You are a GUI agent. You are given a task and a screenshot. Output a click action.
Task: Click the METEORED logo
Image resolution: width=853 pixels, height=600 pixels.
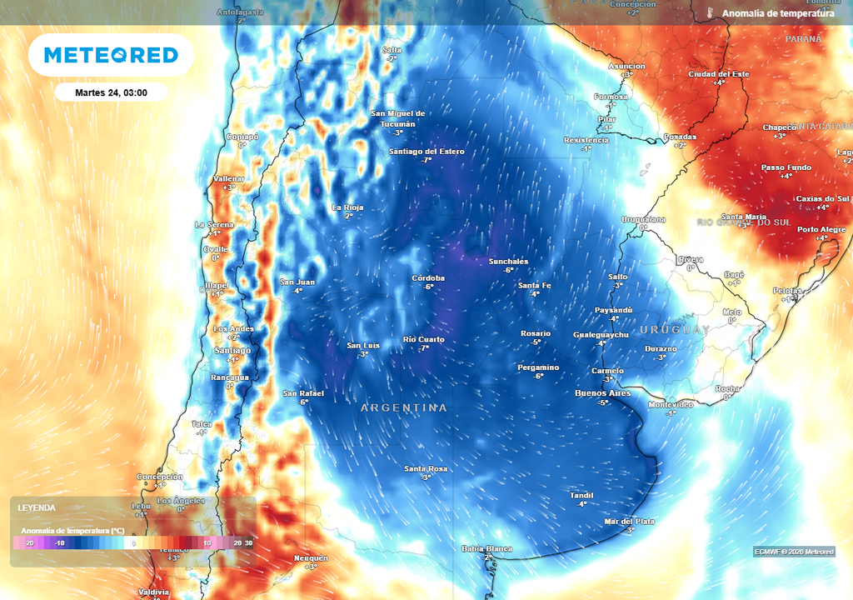(x=111, y=55)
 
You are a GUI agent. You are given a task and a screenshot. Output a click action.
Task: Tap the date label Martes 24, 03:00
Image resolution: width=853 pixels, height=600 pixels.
(x=111, y=92)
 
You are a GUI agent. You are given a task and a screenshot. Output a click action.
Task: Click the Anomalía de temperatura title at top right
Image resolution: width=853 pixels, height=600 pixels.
(x=778, y=13)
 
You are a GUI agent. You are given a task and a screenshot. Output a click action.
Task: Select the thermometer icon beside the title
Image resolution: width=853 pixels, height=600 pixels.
(x=711, y=13)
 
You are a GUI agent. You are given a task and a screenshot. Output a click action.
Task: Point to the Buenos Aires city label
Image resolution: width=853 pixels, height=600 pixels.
(x=603, y=392)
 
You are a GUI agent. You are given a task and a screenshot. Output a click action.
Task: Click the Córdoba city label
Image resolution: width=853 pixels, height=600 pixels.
(x=428, y=277)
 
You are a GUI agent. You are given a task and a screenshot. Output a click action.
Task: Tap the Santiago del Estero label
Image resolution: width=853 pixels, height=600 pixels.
(x=426, y=152)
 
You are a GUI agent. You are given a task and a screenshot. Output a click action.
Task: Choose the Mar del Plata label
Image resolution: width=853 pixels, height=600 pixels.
(x=629, y=521)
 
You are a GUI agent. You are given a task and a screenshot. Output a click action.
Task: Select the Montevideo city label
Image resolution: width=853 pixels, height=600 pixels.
(x=671, y=404)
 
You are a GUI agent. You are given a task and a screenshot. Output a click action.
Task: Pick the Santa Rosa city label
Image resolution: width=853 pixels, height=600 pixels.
(x=426, y=468)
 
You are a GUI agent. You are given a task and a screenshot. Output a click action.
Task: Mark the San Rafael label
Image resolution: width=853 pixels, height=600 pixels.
(x=302, y=392)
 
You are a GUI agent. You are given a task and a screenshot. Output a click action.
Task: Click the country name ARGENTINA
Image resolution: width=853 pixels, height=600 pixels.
(x=404, y=408)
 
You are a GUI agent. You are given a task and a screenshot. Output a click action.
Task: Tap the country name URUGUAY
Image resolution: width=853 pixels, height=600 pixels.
(x=675, y=330)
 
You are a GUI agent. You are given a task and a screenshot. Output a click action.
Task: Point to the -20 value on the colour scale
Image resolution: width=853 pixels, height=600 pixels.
(x=28, y=542)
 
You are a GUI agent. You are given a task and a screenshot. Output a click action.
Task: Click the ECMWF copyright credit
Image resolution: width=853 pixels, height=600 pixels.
(x=794, y=552)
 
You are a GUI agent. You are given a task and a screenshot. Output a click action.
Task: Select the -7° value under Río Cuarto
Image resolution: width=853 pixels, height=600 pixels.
(x=424, y=347)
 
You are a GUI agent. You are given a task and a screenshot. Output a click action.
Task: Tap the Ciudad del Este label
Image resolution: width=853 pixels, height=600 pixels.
(x=718, y=74)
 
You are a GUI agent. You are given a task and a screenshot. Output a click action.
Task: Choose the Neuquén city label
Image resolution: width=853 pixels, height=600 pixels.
(x=311, y=557)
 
